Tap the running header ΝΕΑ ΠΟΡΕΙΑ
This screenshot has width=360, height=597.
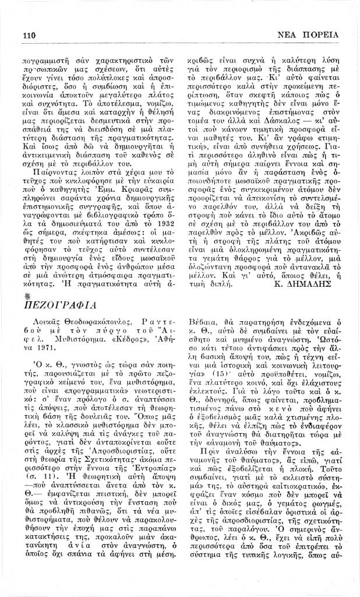tap(308, 34)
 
